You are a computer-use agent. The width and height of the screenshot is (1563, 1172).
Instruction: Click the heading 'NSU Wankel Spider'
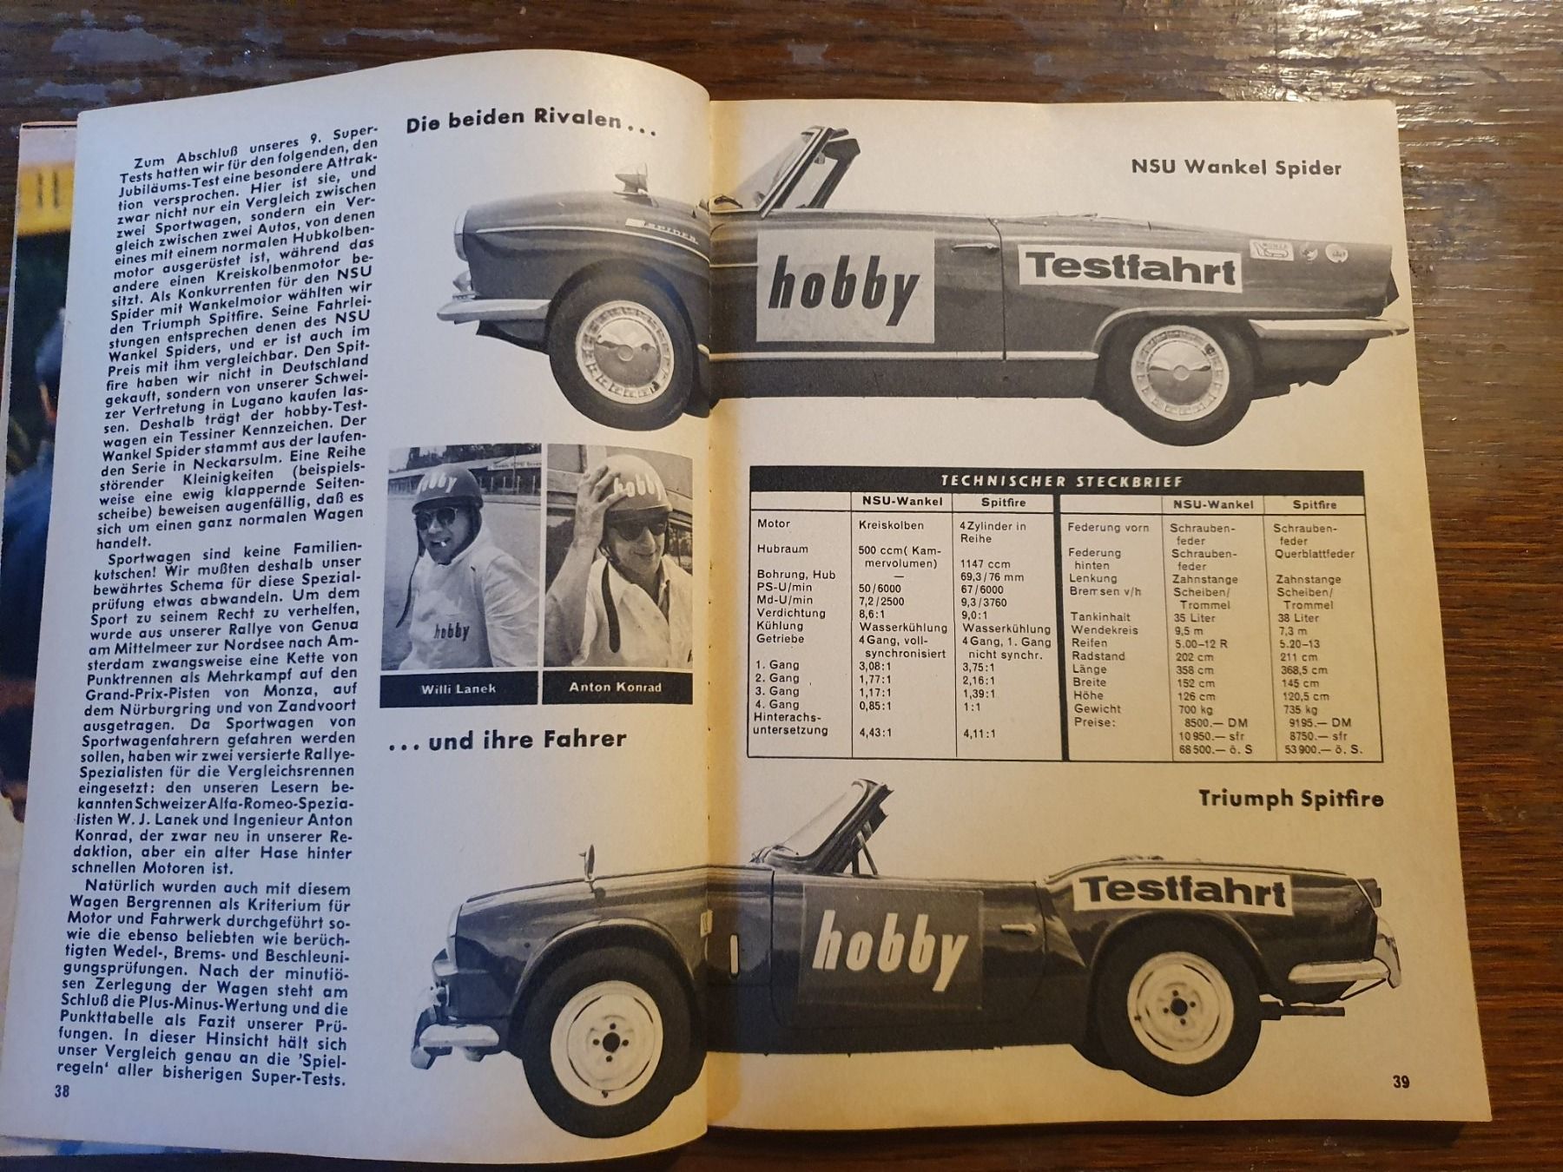1235,167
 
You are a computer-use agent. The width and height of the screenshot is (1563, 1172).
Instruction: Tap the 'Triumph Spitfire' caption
1290,798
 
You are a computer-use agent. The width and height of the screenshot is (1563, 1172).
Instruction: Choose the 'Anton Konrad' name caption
615,687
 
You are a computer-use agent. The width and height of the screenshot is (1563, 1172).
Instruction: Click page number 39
1401,1082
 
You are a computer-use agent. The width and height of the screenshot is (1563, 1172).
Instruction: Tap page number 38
61,1092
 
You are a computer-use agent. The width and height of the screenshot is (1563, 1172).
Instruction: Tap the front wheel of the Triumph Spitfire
610,1041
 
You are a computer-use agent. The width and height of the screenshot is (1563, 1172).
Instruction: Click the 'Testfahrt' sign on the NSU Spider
1132,270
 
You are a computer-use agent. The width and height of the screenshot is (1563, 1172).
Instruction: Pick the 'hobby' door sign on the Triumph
889,948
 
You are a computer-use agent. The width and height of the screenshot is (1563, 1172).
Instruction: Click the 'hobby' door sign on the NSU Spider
842,289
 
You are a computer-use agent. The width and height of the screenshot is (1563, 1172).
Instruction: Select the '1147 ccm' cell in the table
986,563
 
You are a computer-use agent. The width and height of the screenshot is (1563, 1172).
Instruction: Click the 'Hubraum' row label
782,550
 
